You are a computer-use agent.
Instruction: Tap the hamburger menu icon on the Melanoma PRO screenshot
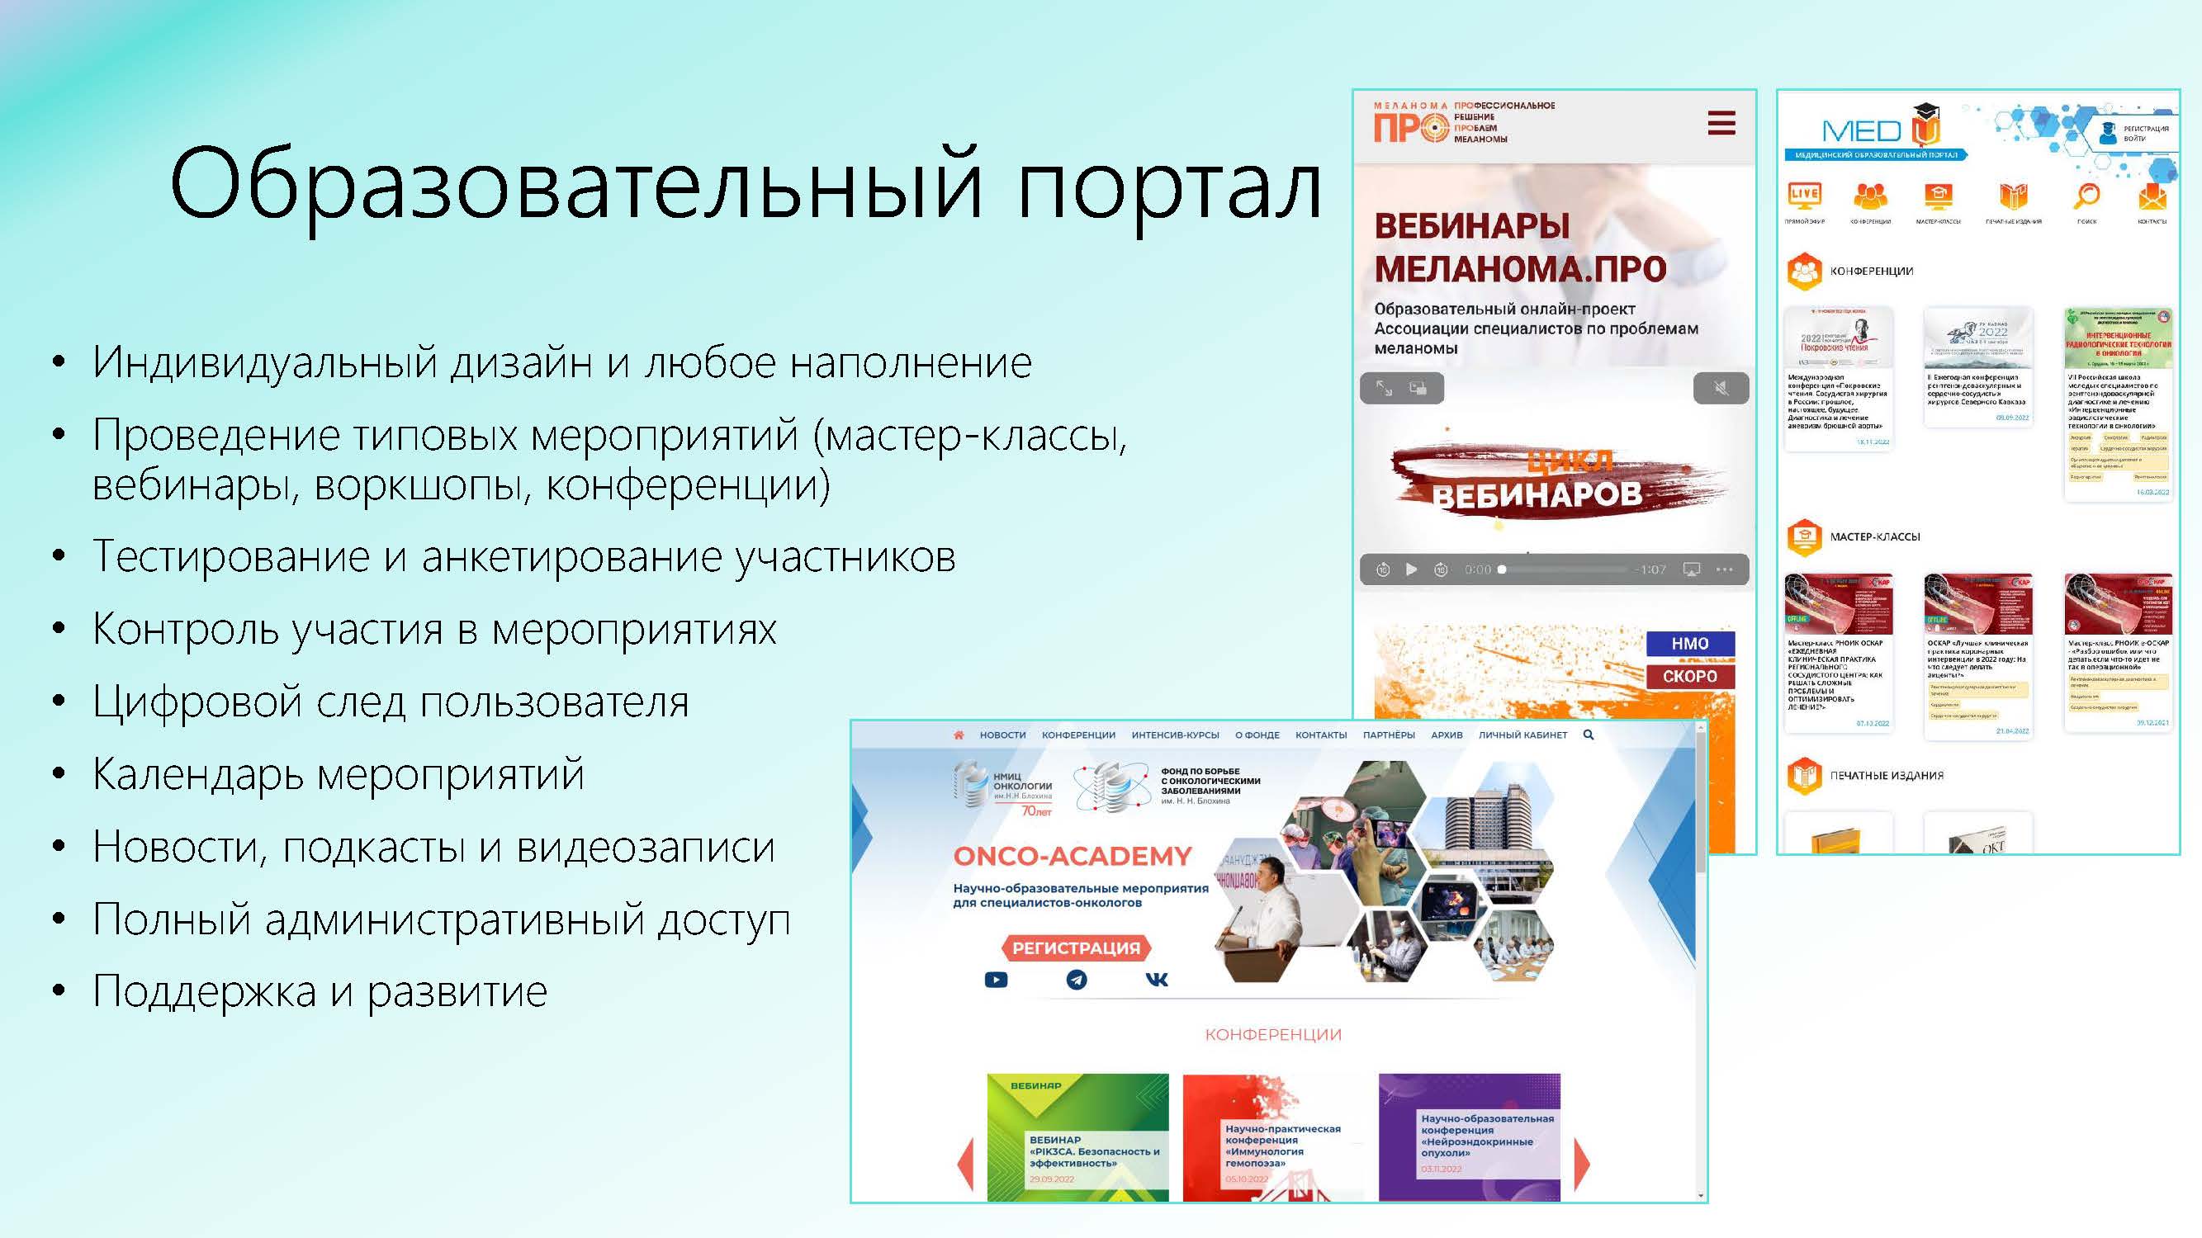click(x=1721, y=124)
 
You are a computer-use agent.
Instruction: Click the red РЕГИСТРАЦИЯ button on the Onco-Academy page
click(x=1075, y=947)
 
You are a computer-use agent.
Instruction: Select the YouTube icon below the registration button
click(x=996, y=980)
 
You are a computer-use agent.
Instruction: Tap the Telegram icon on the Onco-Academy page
click(x=1076, y=980)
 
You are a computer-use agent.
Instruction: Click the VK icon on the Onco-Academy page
click(x=1156, y=980)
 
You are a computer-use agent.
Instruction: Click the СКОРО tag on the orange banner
click(x=1689, y=676)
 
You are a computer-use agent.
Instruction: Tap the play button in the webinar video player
click(x=1411, y=569)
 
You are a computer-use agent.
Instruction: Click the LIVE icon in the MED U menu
click(x=1804, y=195)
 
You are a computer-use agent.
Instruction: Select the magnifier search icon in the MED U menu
click(x=2086, y=196)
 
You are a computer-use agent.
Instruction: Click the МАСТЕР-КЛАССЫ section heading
click(x=1874, y=536)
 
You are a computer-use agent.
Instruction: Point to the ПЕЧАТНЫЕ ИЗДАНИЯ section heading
click(x=1886, y=776)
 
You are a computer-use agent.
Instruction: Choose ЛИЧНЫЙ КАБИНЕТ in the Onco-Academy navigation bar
click(x=1522, y=735)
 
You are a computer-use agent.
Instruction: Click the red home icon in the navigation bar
click(x=959, y=735)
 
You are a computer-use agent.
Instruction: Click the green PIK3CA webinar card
click(x=1077, y=1136)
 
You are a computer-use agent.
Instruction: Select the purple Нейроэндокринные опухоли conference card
click(x=1469, y=1136)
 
